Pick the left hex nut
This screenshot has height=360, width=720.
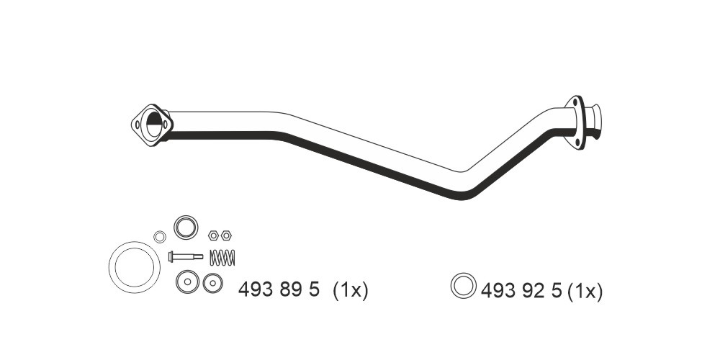click(213, 235)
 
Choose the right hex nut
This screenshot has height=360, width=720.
click(226, 235)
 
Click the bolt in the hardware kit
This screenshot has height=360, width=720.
click(186, 256)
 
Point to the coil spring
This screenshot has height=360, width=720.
click(222, 257)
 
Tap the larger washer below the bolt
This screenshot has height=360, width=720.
click(187, 282)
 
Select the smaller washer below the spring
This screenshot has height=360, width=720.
click(212, 283)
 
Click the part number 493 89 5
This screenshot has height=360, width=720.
click(279, 289)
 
